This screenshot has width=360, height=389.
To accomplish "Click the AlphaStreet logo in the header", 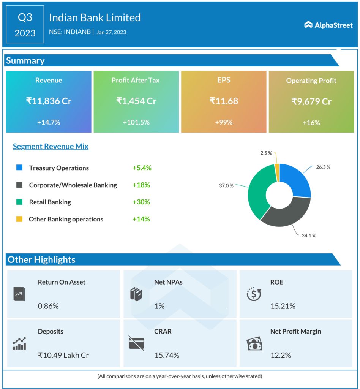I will (x=328, y=25).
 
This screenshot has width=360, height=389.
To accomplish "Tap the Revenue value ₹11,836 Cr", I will (x=49, y=101).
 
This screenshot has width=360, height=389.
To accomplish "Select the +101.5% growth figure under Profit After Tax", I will (x=136, y=123).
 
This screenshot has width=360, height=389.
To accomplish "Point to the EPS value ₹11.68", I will (x=224, y=101).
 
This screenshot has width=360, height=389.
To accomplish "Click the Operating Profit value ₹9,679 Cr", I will (x=311, y=101).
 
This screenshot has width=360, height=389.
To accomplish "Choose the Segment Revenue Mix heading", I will (x=51, y=147).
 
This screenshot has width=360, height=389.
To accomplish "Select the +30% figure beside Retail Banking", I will (x=141, y=202).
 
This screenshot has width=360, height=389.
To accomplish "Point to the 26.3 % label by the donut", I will (x=323, y=167).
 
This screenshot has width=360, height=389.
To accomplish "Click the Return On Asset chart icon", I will (x=19, y=294).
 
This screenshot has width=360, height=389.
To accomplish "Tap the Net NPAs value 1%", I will (x=159, y=306).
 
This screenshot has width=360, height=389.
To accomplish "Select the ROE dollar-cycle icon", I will (x=253, y=294).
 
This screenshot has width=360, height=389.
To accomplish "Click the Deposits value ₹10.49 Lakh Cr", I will (x=63, y=355).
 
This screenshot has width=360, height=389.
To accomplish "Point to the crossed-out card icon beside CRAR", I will (x=136, y=343).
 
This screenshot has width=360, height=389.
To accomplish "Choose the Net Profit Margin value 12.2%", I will (x=281, y=355).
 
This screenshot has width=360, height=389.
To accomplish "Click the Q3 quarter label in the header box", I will (x=25, y=17).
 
